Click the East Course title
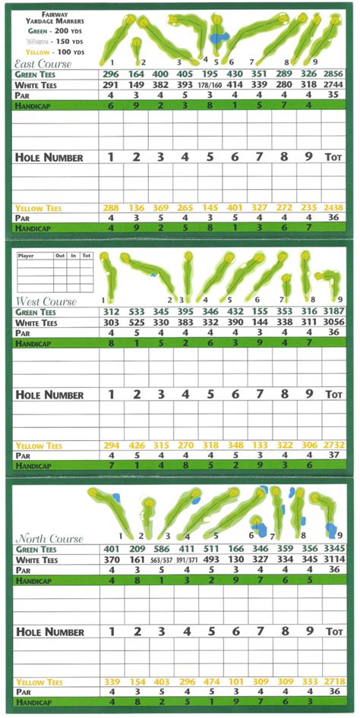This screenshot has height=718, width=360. tap(44, 65)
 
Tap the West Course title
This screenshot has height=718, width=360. tap(46, 301)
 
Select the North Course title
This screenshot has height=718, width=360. tap(47, 539)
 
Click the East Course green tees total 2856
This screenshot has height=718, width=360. tap(333, 74)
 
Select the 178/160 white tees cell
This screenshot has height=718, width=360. tap(210, 86)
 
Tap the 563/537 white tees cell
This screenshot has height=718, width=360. tap(161, 561)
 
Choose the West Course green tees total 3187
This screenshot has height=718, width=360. tap(333, 312)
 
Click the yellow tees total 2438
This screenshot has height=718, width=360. tap(333, 207)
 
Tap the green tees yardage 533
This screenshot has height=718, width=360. tap(136, 312)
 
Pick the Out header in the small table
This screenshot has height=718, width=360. tap(59, 257)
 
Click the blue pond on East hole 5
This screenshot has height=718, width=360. tap(219, 36)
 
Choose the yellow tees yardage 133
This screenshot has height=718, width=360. tap(259, 445)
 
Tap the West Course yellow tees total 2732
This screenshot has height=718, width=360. tap(333, 445)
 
